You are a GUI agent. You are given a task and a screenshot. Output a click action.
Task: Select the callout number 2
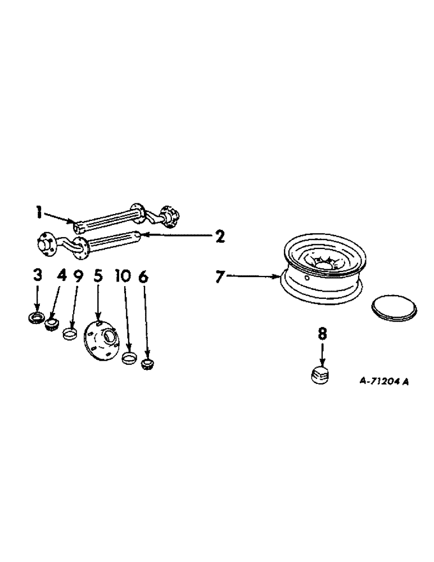(220, 237)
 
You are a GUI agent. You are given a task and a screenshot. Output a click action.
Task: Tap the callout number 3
(38, 275)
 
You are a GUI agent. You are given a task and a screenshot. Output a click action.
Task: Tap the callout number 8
(322, 334)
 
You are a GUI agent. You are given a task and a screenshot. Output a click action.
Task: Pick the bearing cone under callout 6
(148, 364)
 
